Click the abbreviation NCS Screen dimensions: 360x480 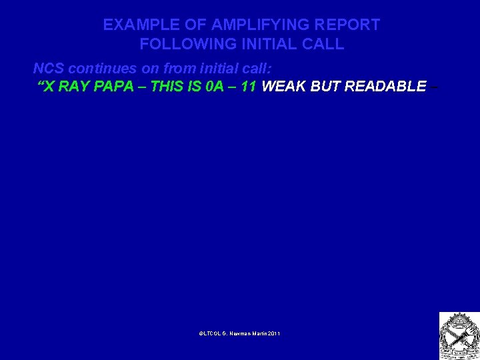[x=49, y=69]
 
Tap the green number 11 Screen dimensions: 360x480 [x=250, y=86]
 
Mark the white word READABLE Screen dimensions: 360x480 [x=385, y=86]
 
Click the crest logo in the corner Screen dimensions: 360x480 [x=458, y=335]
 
